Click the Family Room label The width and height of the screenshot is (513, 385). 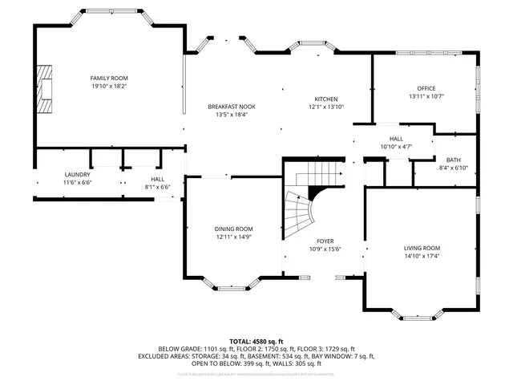coord(109,78)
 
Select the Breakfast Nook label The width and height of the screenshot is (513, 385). coord(232,107)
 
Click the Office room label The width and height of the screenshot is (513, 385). coord(426,88)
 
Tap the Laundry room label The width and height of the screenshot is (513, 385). coord(78,174)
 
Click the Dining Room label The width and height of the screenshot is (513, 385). coord(234,229)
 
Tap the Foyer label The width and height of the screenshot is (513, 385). coord(325,241)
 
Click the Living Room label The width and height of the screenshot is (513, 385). coord(422,248)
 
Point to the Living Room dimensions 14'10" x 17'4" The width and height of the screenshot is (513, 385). coord(422,256)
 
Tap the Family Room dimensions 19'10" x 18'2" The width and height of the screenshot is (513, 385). coord(109,86)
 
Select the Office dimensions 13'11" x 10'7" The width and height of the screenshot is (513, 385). coord(426,96)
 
